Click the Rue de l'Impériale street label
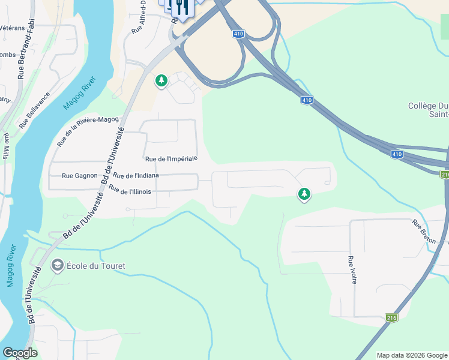pyautogui.click(x=171, y=159)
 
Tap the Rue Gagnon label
pyautogui.click(x=79, y=176)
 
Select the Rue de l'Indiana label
pyautogui.click(x=136, y=176)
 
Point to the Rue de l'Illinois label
pyautogui.click(x=130, y=190)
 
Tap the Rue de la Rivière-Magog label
pyautogui.click(x=88, y=132)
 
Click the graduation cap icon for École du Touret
pyautogui.click(x=58, y=265)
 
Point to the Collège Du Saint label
pyautogui.click(x=428, y=110)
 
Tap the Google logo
pyautogui.click(x=20, y=353)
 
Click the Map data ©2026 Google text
pyautogui.click(x=412, y=355)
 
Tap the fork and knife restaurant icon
pyautogui.click(x=181, y=7)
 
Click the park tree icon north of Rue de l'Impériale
pyautogui.click(x=161, y=80)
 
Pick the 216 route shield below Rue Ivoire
pyautogui.click(x=391, y=318)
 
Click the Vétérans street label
pyautogui.click(x=13, y=28)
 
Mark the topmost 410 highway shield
pyautogui.click(x=238, y=34)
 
